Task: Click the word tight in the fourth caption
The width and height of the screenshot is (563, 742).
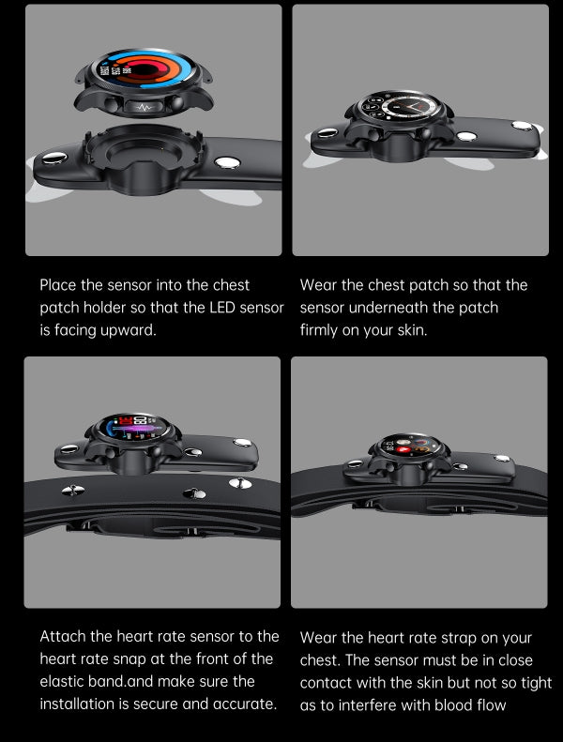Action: point(535,683)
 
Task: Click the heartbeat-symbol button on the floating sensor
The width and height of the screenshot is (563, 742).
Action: point(144,108)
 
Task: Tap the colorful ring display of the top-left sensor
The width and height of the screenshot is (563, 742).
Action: point(143,69)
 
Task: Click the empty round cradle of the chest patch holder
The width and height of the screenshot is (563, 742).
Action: point(144,150)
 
